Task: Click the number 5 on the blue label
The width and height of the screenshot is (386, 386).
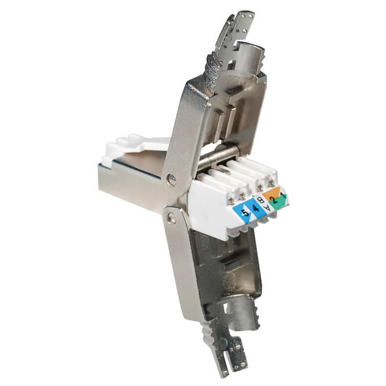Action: point(245,213)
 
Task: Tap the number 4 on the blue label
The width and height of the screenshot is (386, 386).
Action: point(256,209)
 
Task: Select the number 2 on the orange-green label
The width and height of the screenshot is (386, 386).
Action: point(273,199)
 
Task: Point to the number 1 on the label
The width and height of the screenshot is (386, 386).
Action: point(283,196)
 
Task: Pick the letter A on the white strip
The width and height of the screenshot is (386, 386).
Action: point(266,208)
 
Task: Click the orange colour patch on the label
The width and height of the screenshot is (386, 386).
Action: point(271,192)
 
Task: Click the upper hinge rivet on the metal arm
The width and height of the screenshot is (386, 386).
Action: point(171,178)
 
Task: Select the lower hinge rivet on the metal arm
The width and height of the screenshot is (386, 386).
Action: point(171,218)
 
